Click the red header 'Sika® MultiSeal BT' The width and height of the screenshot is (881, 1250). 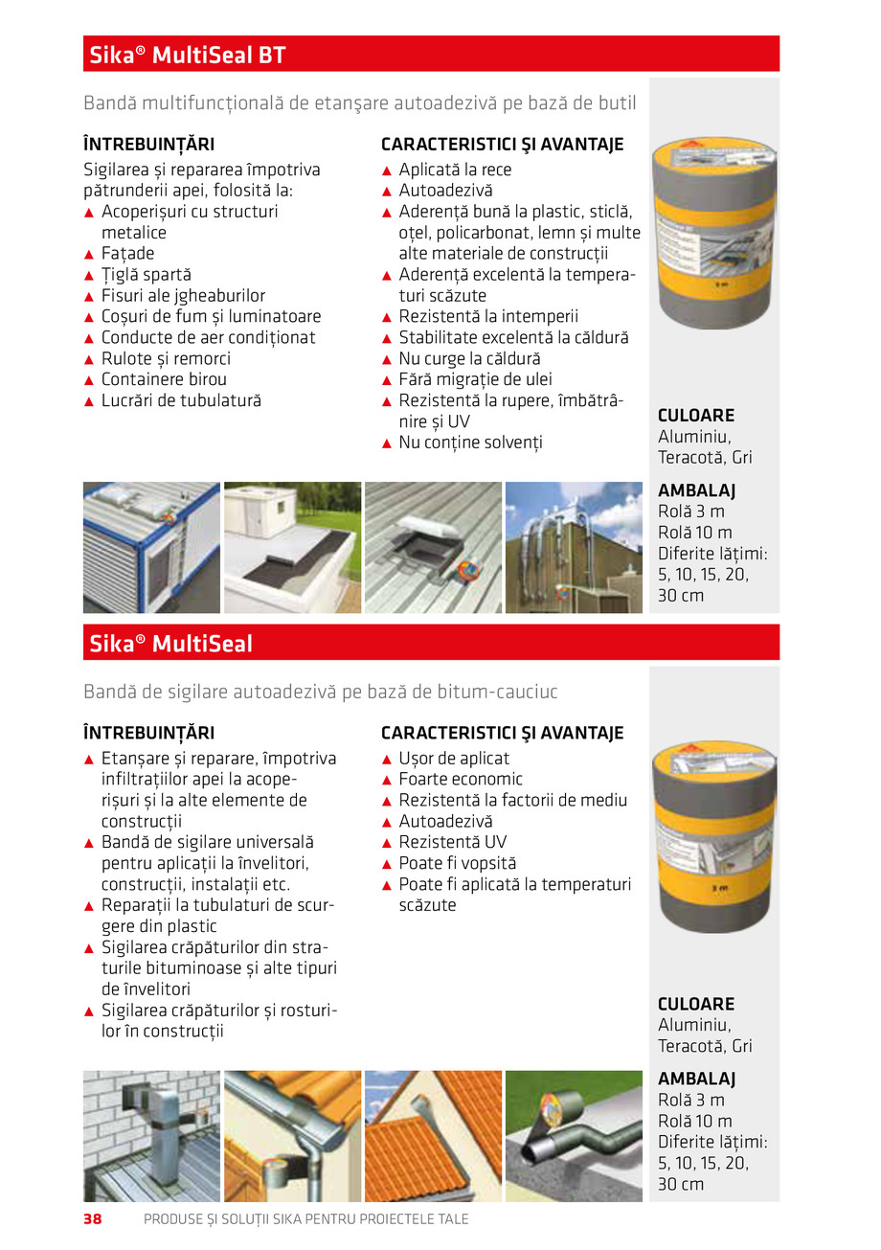(188, 55)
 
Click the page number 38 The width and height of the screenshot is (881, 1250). (93, 1219)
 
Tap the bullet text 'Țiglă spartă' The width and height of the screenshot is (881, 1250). (146, 275)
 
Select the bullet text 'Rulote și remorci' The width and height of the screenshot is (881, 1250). (166, 359)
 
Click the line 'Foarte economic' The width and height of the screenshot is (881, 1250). (461, 780)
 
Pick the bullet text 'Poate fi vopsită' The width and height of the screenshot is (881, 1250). (457, 864)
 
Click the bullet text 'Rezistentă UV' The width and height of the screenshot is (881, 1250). (452, 843)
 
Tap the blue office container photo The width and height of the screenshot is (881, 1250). (151, 547)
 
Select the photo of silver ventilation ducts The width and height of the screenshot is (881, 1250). (574, 547)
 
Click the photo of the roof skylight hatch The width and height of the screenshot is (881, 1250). (433, 547)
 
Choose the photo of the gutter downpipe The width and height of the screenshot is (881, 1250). (292, 1136)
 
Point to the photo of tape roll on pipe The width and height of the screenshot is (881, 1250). (574, 1136)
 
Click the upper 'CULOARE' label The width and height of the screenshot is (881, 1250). (696, 416)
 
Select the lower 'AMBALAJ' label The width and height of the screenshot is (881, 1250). (696, 1080)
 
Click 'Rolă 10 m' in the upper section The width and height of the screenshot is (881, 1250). (695, 533)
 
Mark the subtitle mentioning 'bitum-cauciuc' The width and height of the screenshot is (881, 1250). (321, 692)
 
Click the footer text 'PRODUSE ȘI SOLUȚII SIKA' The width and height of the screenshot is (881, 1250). (306, 1219)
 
